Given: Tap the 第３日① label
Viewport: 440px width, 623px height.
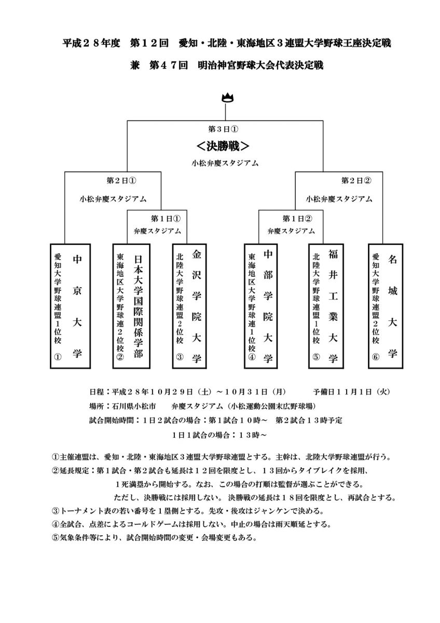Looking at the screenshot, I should pos(224,129).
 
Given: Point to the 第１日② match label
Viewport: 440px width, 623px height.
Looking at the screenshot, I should pos(290,218).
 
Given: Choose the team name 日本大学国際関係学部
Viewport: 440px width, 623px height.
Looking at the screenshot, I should pos(137,306).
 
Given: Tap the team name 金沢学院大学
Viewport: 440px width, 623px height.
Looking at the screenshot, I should pos(196,306).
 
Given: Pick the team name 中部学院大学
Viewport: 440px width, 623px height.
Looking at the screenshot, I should pos(268,306).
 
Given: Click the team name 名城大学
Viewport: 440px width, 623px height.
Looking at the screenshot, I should pos(392,306).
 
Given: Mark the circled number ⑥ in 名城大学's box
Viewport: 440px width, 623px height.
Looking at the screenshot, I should pos(376,358).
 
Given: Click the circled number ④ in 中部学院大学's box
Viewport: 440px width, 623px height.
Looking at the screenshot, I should pos(252,358).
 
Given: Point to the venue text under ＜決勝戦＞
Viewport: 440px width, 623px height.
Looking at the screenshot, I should pos(224,163).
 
